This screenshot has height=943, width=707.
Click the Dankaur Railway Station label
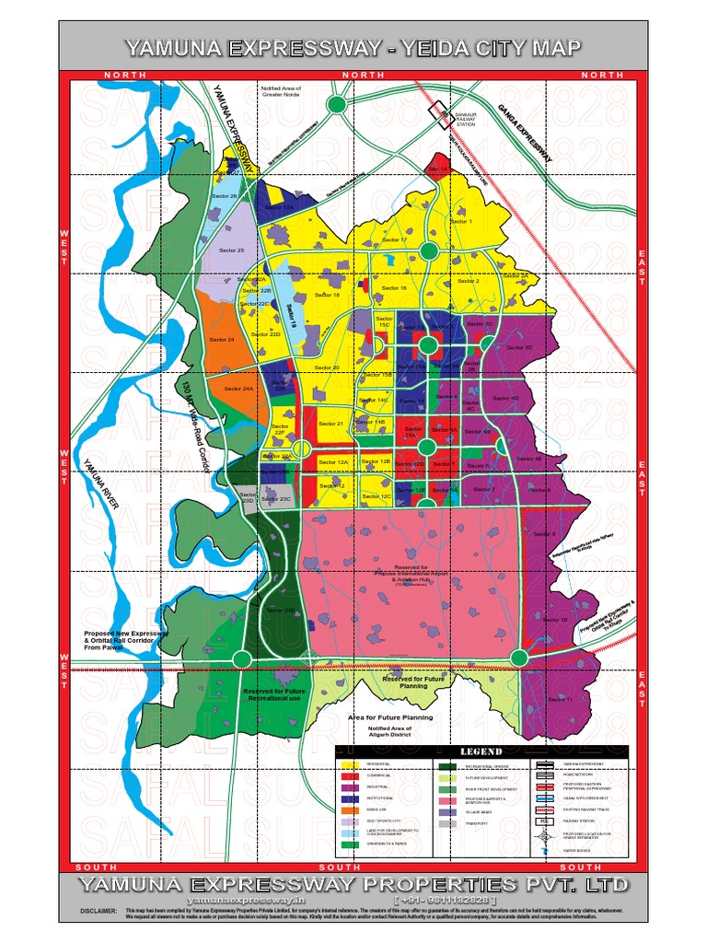[x=466, y=117]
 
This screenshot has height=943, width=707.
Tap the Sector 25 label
[x=231, y=250]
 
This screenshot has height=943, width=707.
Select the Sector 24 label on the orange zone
[x=221, y=340]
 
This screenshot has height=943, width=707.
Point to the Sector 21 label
[x=330, y=424]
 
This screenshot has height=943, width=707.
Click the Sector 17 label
[x=394, y=240]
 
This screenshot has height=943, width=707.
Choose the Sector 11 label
[x=560, y=700]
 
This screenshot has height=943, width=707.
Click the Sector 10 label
[x=556, y=620]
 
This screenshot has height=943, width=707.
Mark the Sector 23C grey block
[x=277, y=499]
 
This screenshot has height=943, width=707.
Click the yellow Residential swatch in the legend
[x=349, y=764]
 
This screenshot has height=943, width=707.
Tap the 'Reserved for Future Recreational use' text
[x=274, y=693]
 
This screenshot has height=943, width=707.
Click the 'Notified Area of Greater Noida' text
[x=282, y=91]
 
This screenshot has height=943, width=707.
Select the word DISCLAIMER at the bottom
[x=98, y=911]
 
